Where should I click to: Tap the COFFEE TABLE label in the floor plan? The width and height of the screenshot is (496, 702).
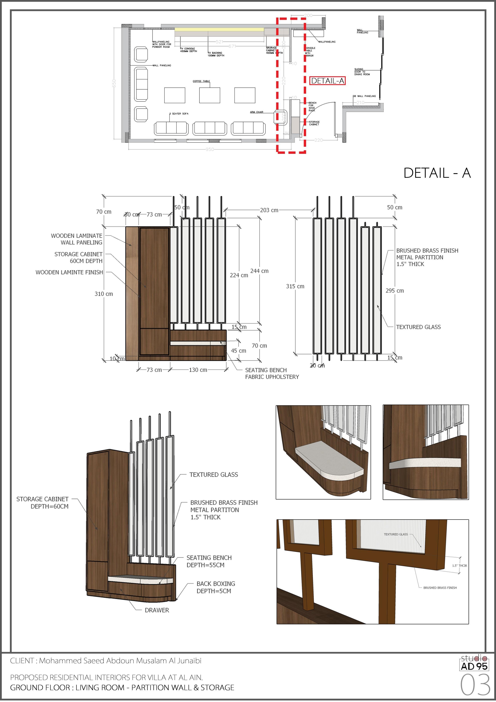point(201,81)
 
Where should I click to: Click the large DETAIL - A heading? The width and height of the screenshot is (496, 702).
point(437,173)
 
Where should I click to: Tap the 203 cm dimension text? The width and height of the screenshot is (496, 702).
point(269,210)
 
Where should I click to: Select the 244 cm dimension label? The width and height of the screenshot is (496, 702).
point(259,271)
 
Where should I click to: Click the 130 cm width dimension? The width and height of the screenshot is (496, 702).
point(198,370)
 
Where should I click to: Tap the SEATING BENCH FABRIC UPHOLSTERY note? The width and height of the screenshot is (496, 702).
point(272,374)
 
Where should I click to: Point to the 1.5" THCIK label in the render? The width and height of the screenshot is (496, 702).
point(459,566)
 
